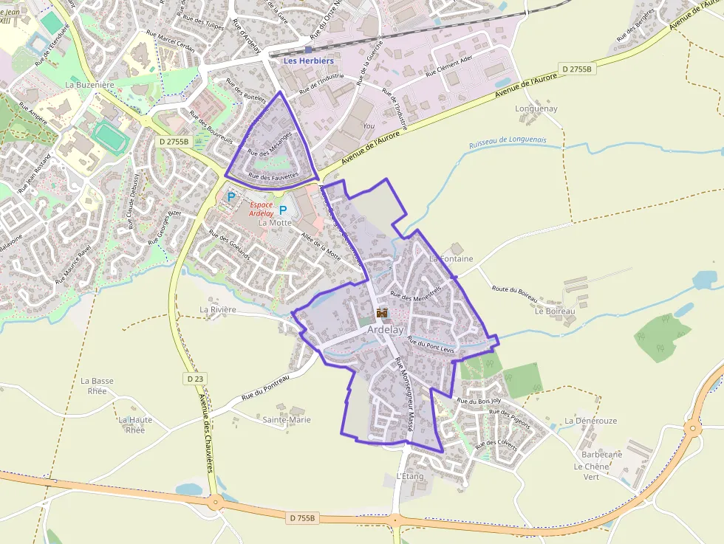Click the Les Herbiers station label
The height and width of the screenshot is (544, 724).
click(309, 61)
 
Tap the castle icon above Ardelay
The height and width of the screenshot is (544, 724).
click(382, 313)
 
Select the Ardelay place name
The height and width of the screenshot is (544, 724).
click(386, 330)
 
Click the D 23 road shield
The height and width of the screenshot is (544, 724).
click(194, 378)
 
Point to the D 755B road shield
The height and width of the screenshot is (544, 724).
click(302, 518)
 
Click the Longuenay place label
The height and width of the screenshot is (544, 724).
click(536, 109)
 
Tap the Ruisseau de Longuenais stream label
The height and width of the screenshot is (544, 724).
click(508, 140)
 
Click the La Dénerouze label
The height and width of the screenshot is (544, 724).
click(590, 421)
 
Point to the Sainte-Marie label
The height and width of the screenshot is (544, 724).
click(287, 420)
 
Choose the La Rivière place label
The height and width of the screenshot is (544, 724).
click(218, 309)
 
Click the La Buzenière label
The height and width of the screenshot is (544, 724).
click(90, 85)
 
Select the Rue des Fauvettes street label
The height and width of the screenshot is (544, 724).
click(273, 176)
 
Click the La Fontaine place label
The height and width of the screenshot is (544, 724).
click(451, 259)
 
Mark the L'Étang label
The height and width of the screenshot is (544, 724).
click(410, 476)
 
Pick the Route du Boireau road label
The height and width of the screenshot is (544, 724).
click(515, 293)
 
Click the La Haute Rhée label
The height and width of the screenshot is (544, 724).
click(135, 424)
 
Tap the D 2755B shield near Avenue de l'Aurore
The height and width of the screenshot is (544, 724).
click(576, 69)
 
